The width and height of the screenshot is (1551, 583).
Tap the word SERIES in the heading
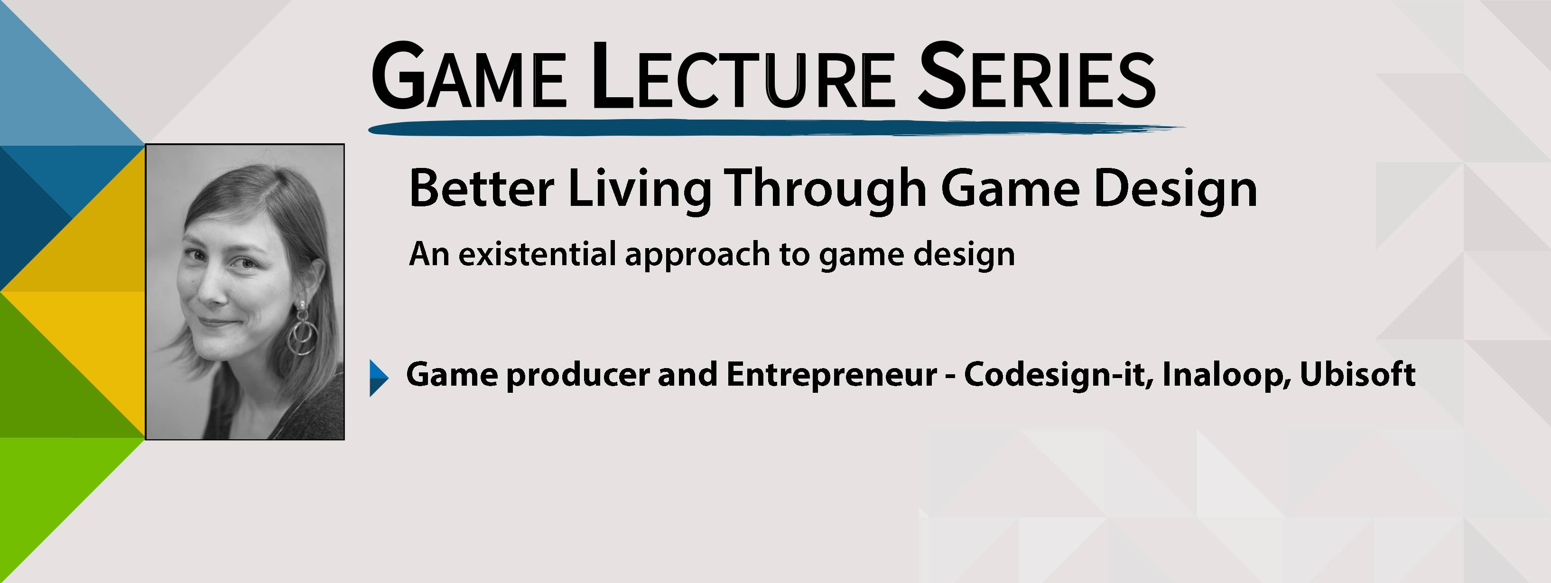point(1036,76)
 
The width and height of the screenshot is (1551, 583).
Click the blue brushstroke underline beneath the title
point(777,128)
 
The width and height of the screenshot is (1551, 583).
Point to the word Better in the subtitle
point(481,188)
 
